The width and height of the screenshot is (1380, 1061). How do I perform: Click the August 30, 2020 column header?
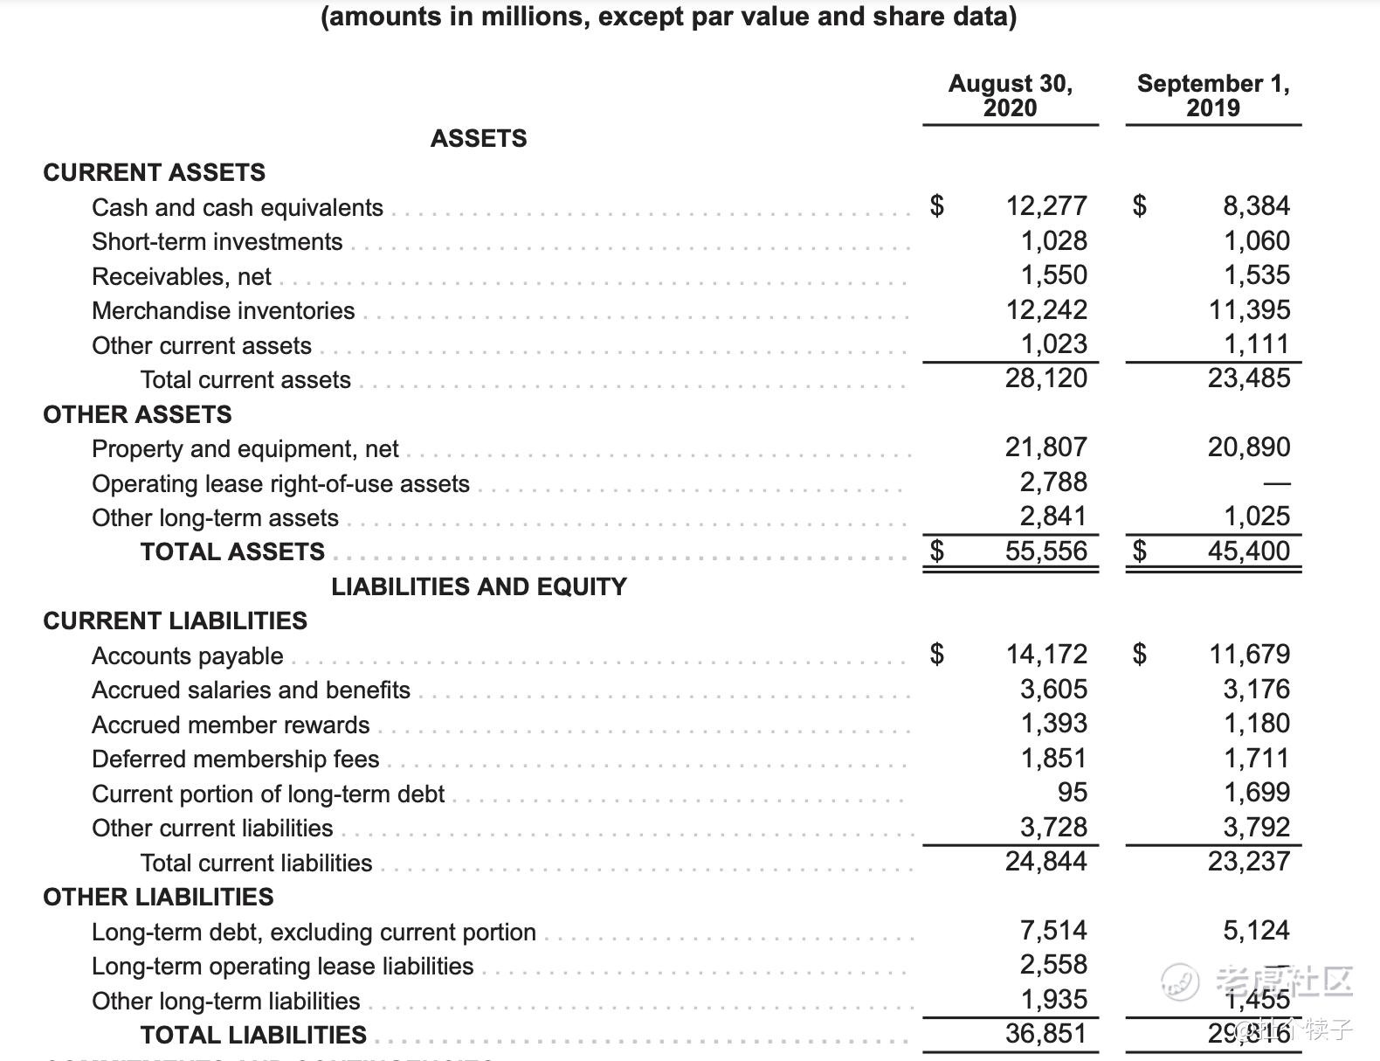[x=1010, y=95]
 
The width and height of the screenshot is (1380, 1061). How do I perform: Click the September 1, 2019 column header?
[x=1212, y=95]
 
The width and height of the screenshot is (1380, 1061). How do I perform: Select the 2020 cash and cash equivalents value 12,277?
[x=1045, y=205]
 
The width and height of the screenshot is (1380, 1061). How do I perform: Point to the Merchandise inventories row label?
[x=223, y=311]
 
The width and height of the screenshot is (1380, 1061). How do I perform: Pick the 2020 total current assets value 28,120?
[x=1045, y=378]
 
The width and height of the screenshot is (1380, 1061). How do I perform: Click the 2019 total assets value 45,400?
[x=1248, y=551]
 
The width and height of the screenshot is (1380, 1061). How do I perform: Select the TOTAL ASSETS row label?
[x=232, y=551]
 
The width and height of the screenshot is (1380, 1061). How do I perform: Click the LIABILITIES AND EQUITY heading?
[x=479, y=586]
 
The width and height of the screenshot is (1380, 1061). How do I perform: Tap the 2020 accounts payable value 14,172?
[x=1045, y=654]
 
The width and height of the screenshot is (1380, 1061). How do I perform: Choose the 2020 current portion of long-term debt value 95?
[x=1072, y=792]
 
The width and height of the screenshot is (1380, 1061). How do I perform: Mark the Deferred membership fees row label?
[x=235, y=759]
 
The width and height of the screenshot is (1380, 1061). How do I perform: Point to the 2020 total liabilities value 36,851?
[x=1045, y=1033]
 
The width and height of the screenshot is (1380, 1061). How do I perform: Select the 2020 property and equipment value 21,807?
[x=1045, y=447]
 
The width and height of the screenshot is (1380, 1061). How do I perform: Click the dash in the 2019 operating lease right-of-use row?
[x=1276, y=482]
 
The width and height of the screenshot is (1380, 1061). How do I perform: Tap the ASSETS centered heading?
[x=479, y=138]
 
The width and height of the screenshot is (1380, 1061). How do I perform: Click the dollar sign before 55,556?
[x=936, y=551]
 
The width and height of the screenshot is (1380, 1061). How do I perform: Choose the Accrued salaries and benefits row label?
[x=251, y=690]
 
